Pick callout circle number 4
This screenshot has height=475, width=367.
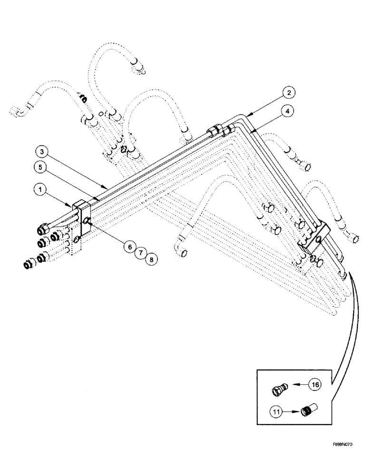(x=287, y=112)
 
